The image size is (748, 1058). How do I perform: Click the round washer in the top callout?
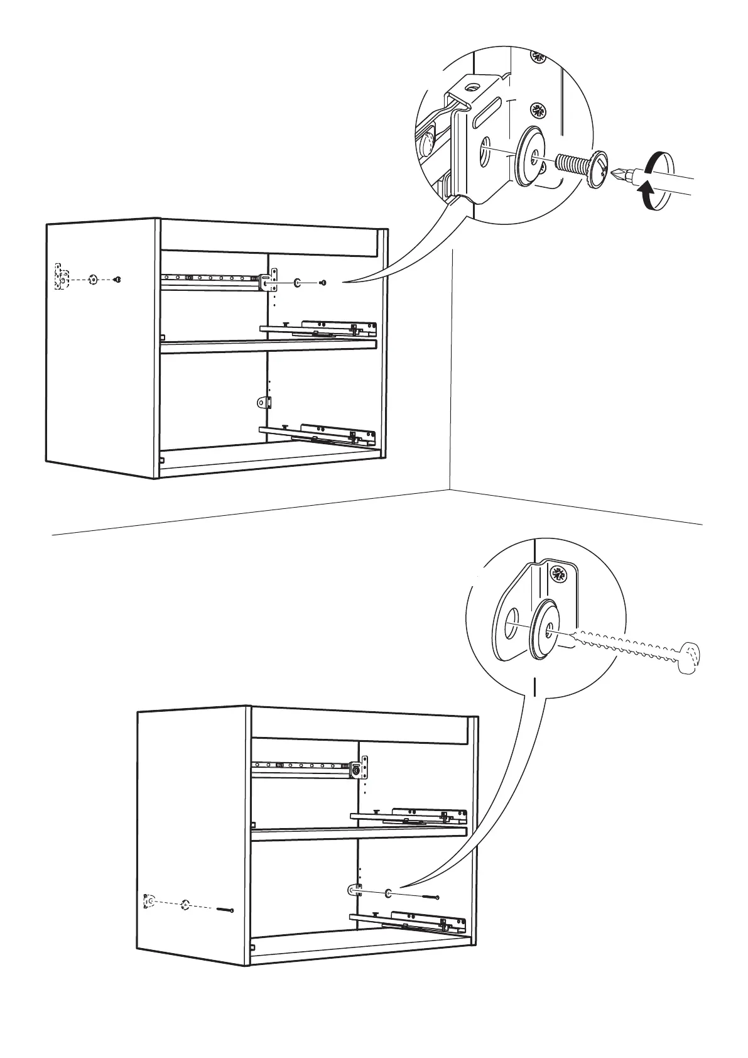(531, 157)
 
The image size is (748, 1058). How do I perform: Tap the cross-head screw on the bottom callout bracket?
(558, 573)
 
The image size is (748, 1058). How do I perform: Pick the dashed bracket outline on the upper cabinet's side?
(61, 277)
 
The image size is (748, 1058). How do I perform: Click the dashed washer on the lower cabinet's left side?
(185, 905)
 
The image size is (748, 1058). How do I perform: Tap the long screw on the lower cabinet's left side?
(225, 910)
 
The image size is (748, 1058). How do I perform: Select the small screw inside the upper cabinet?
(323, 283)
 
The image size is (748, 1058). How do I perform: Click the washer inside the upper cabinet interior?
(296, 283)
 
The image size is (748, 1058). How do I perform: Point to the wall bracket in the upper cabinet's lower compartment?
(264, 402)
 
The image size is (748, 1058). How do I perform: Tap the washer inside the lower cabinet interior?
(388, 893)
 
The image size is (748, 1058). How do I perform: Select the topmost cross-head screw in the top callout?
(538, 57)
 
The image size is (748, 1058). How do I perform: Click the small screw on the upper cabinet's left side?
(117, 280)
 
